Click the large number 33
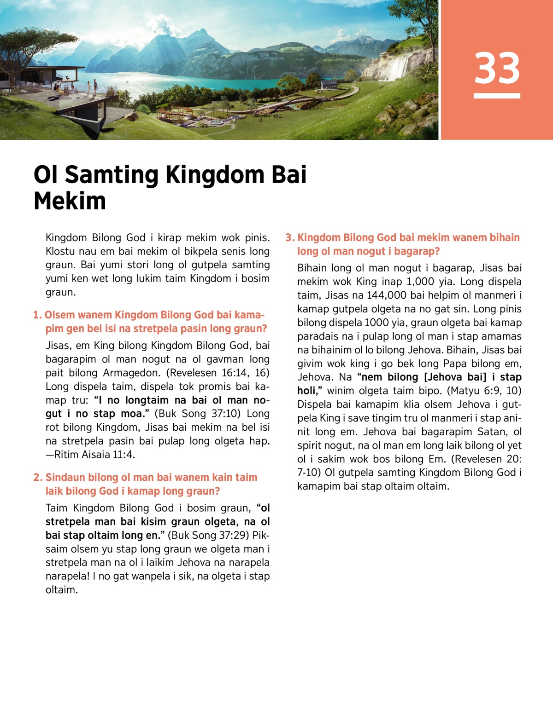[497, 68]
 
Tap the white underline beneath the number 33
[497, 96]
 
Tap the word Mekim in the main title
[70, 201]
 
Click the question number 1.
[37, 315]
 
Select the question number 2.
[37, 478]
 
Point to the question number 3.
[289, 238]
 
